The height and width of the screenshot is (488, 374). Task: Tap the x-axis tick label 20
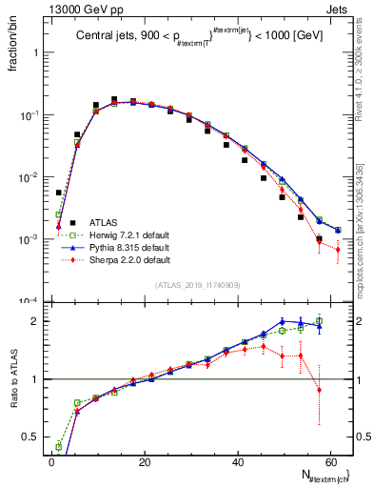144,461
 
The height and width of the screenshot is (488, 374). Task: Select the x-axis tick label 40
237,461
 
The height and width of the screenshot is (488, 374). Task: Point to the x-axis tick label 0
51,461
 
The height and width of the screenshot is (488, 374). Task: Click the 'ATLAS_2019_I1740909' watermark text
197,284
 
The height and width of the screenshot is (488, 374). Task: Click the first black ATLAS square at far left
59,193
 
